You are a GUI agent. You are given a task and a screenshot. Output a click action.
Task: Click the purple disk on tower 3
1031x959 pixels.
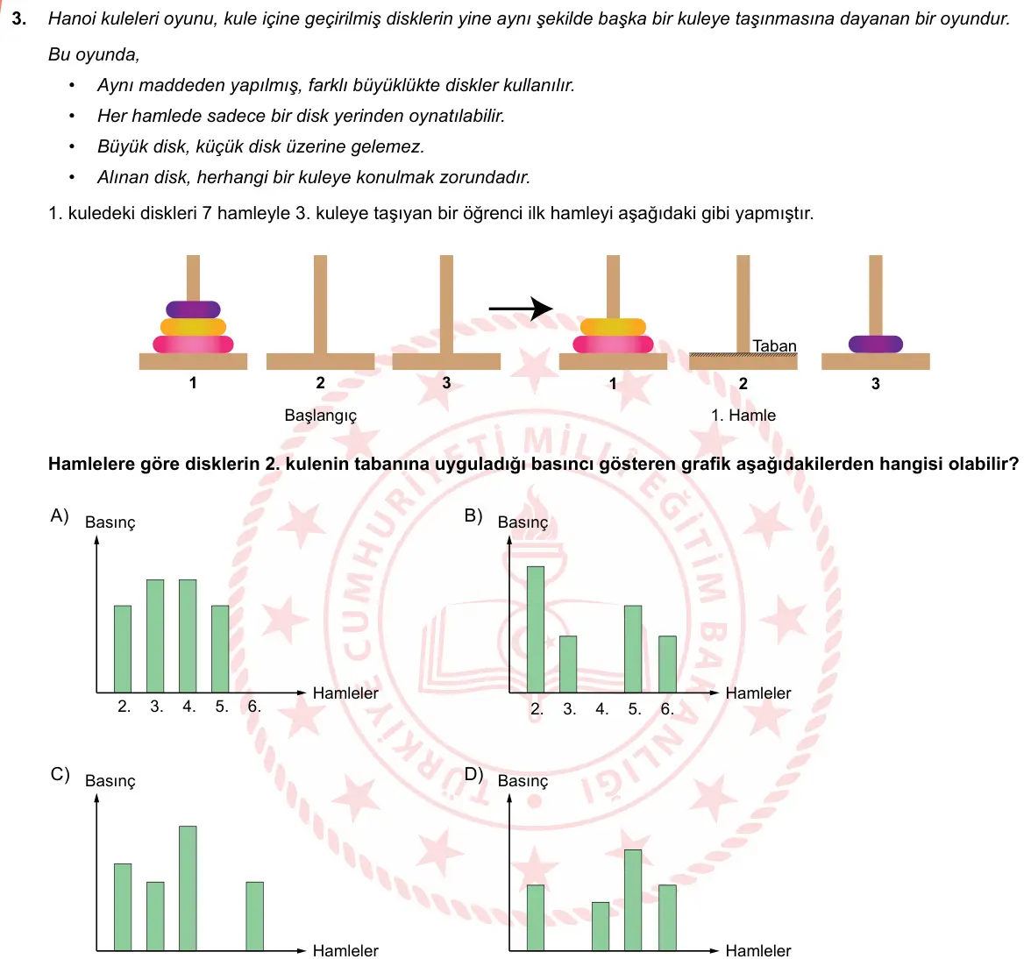pyautogui.click(x=875, y=344)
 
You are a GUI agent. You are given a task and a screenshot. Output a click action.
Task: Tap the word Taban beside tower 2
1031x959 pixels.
pyautogui.click(x=774, y=345)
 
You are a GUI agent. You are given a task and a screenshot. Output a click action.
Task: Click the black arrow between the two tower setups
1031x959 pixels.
pyautogui.click(x=521, y=308)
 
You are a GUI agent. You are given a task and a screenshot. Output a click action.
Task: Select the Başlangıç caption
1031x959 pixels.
pyautogui.click(x=320, y=416)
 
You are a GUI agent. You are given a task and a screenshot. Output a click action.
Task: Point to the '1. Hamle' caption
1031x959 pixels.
pyautogui.click(x=743, y=416)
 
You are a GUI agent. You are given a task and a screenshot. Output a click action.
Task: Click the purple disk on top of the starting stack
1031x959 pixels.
pyautogui.click(x=193, y=309)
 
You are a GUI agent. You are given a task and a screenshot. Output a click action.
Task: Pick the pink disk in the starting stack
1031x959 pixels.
pyautogui.click(x=193, y=344)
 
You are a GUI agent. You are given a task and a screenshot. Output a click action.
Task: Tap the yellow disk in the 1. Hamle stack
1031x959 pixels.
pyautogui.click(x=613, y=327)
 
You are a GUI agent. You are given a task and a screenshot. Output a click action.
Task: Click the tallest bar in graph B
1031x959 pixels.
pyautogui.click(x=535, y=629)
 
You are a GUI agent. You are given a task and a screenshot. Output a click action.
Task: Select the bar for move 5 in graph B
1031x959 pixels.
pyautogui.click(x=633, y=649)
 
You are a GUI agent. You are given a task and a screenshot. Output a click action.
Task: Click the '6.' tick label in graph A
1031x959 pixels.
pyautogui.click(x=254, y=707)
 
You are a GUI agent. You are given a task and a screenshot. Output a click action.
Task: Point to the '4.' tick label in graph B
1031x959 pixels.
pyautogui.click(x=601, y=709)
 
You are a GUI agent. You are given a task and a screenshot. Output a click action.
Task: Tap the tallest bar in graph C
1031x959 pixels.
pyautogui.click(x=188, y=888)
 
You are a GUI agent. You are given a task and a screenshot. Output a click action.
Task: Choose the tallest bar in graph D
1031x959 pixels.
pyautogui.click(x=633, y=900)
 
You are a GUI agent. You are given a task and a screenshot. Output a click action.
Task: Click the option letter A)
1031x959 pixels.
pyautogui.click(x=60, y=515)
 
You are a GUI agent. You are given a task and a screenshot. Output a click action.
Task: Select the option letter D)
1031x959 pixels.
pyautogui.click(x=473, y=774)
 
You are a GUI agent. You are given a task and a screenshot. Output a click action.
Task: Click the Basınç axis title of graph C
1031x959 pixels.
pyautogui.click(x=110, y=781)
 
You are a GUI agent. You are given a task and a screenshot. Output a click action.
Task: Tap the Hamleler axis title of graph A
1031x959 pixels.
pyautogui.click(x=345, y=693)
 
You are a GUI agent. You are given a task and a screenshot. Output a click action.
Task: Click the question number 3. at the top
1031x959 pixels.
pyautogui.click(x=19, y=18)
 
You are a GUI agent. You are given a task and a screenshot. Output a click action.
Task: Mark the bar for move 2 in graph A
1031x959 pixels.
pyautogui.click(x=123, y=649)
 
